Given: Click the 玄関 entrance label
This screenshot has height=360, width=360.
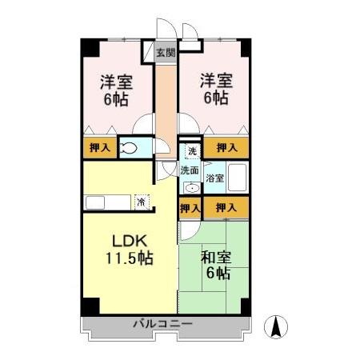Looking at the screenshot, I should click(x=166, y=54).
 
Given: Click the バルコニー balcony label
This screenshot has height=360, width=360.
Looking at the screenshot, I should click(x=163, y=324).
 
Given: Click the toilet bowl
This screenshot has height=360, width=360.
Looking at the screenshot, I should click(x=128, y=148).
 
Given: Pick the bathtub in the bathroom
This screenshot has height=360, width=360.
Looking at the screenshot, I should click(x=238, y=177).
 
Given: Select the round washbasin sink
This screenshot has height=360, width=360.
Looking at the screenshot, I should click(x=190, y=187).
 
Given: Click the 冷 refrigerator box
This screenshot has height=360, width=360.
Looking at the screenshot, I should click(x=142, y=202).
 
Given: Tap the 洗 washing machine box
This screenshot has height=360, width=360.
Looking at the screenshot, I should click(x=191, y=150).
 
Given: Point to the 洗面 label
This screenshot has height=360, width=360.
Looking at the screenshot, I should click(x=189, y=170).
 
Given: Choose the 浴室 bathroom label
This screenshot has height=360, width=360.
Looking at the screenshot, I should click(x=215, y=178).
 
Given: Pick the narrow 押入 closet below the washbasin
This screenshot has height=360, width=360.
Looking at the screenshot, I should click(x=190, y=208).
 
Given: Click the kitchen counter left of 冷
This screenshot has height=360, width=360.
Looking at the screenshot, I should click(x=108, y=202).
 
